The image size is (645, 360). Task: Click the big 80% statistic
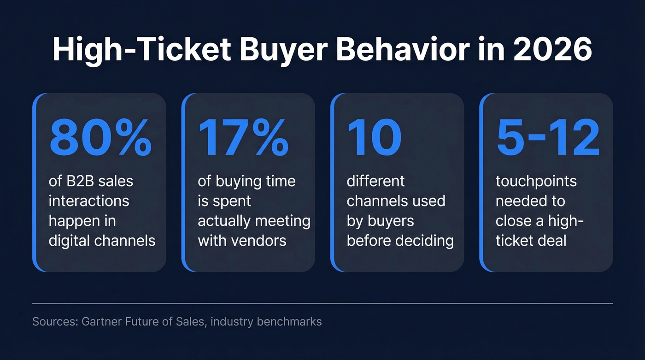[x=100, y=138]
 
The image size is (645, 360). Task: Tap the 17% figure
[x=243, y=138]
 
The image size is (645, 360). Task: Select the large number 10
[x=374, y=138]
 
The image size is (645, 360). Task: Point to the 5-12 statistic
[x=548, y=138]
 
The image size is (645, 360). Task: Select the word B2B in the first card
[x=78, y=181]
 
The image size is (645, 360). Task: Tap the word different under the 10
[x=375, y=181]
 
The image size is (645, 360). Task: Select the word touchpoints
[x=536, y=181]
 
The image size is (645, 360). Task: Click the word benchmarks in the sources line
[x=289, y=321]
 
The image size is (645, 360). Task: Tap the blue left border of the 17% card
[x=183, y=182]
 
